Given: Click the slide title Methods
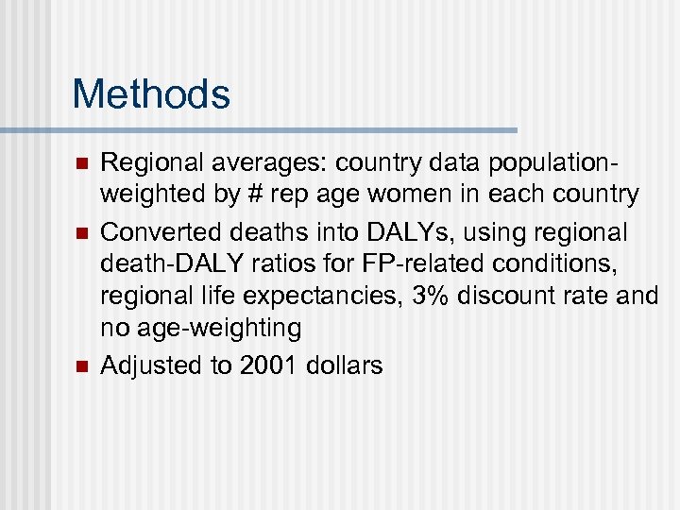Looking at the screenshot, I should [x=151, y=94].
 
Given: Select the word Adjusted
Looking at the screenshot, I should [x=151, y=365].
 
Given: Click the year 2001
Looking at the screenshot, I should [x=270, y=365].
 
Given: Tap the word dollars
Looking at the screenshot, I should [x=344, y=365].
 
